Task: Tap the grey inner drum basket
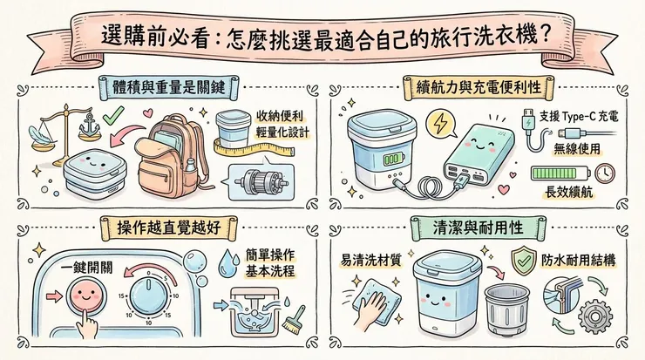point(511,315)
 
